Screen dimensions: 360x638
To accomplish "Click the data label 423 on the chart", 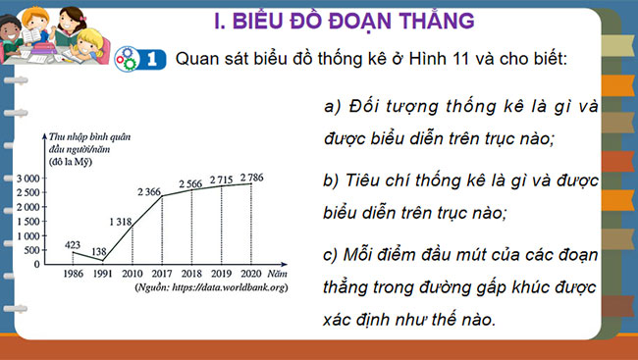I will (x=75, y=245).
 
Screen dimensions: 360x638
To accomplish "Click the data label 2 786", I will (x=253, y=178).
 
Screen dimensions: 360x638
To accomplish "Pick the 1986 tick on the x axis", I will (x=73, y=276).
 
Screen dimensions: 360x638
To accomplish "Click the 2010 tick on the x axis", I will (x=131, y=276).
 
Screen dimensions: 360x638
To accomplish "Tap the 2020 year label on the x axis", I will (x=252, y=276).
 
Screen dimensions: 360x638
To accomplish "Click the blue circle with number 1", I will (x=152, y=58).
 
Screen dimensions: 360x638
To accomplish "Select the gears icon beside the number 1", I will (x=128, y=58).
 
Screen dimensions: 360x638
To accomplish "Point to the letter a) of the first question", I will (x=331, y=106).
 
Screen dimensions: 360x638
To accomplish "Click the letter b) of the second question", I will (x=331, y=181).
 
